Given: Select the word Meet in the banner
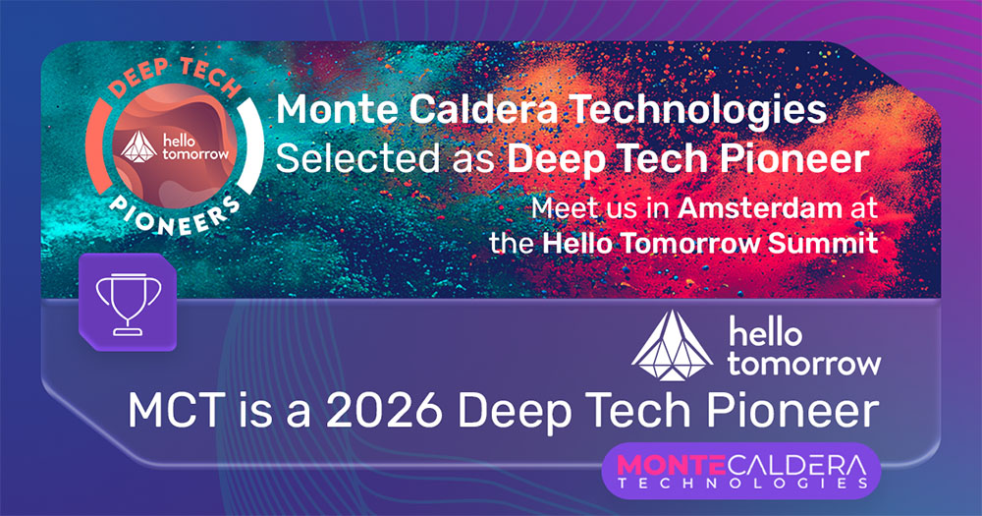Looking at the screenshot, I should (x=560, y=208).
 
